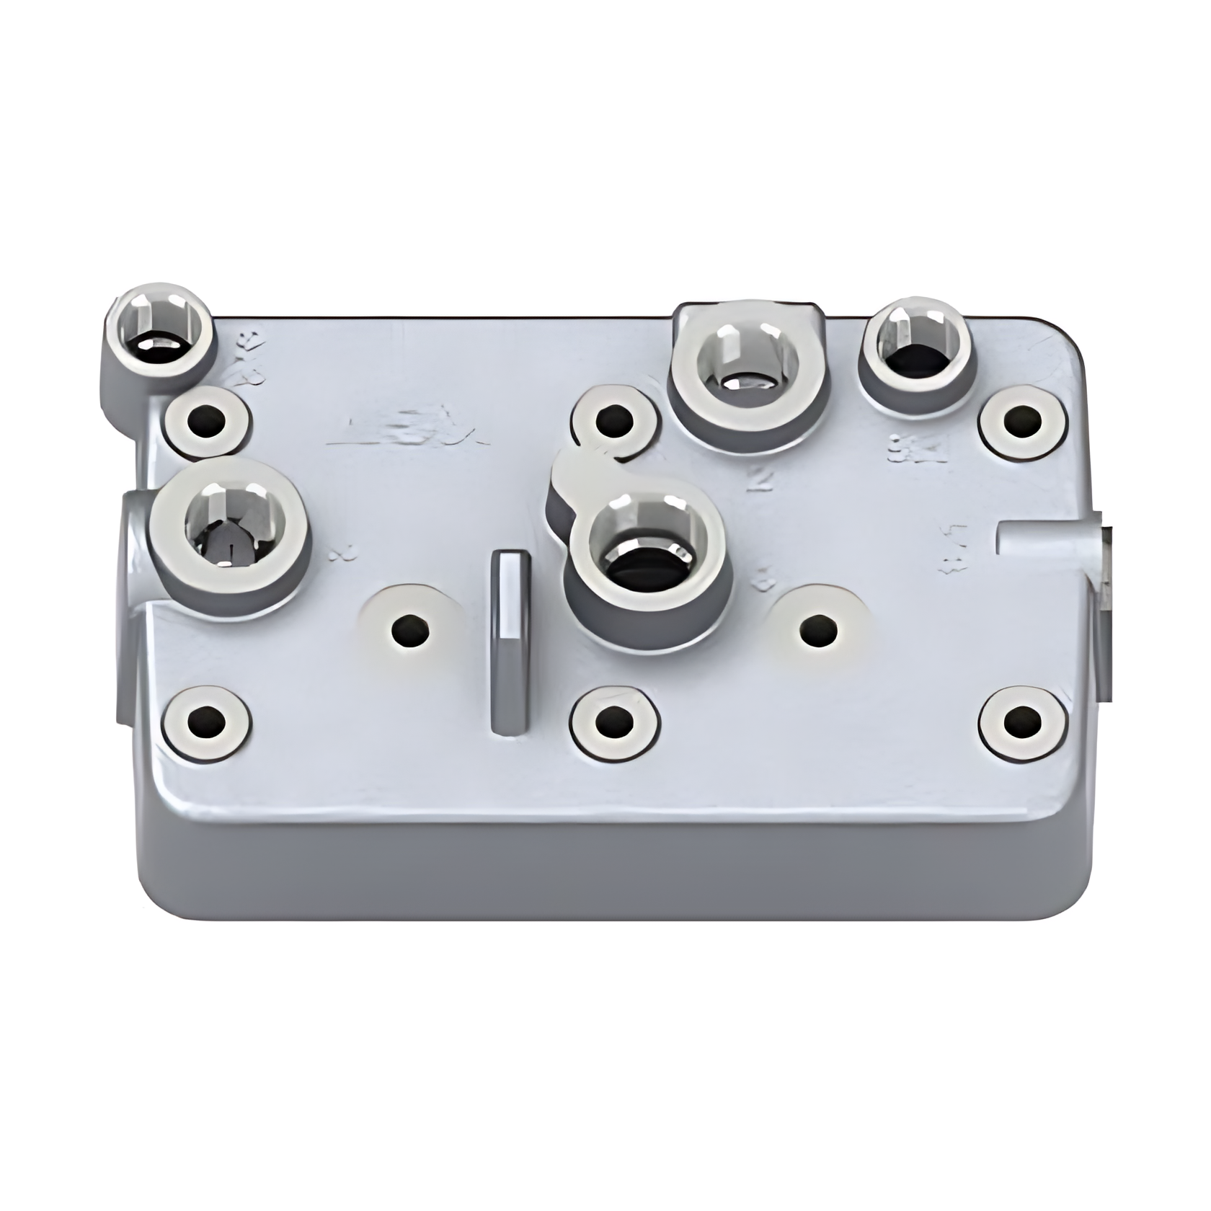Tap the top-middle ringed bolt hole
pos(614,420)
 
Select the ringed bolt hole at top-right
pos(1022,422)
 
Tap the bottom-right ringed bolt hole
pos(1022,722)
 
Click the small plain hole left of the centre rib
pos(410,631)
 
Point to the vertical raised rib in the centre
pos(510,642)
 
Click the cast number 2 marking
pos(759,479)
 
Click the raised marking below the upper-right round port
pos(916,450)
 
